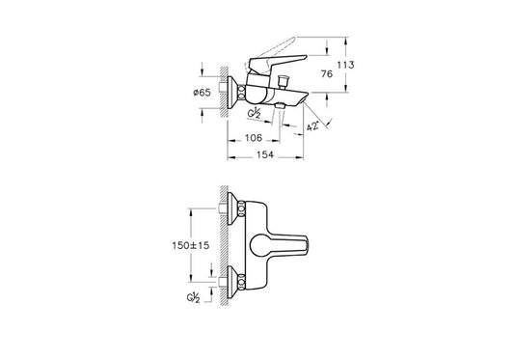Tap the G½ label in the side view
(x=256, y=113)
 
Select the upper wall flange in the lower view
(x=233, y=207)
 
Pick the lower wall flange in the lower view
(x=233, y=285)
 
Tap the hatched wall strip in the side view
(x=225, y=92)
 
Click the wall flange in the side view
(x=233, y=91)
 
